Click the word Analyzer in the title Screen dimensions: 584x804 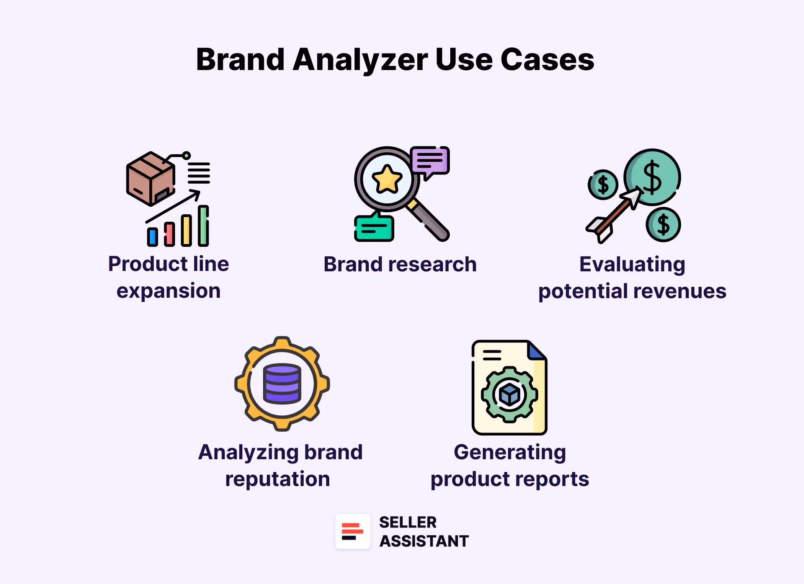coord(360,60)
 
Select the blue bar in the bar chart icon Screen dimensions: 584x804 coord(153,237)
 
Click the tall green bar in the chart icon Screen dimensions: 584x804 coord(203,226)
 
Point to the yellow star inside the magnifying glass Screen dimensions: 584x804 coord(387,179)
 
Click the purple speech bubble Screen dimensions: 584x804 coord(430,160)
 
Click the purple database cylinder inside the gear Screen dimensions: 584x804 coord(282,384)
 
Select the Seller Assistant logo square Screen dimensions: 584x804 coord(353,531)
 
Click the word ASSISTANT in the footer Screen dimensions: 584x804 coord(424,541)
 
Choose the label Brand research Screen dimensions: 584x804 coord(400,264)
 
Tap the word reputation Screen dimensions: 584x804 coord(278,479)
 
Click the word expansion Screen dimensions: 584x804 coord(168,291)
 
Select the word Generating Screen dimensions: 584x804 coord(510,452)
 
